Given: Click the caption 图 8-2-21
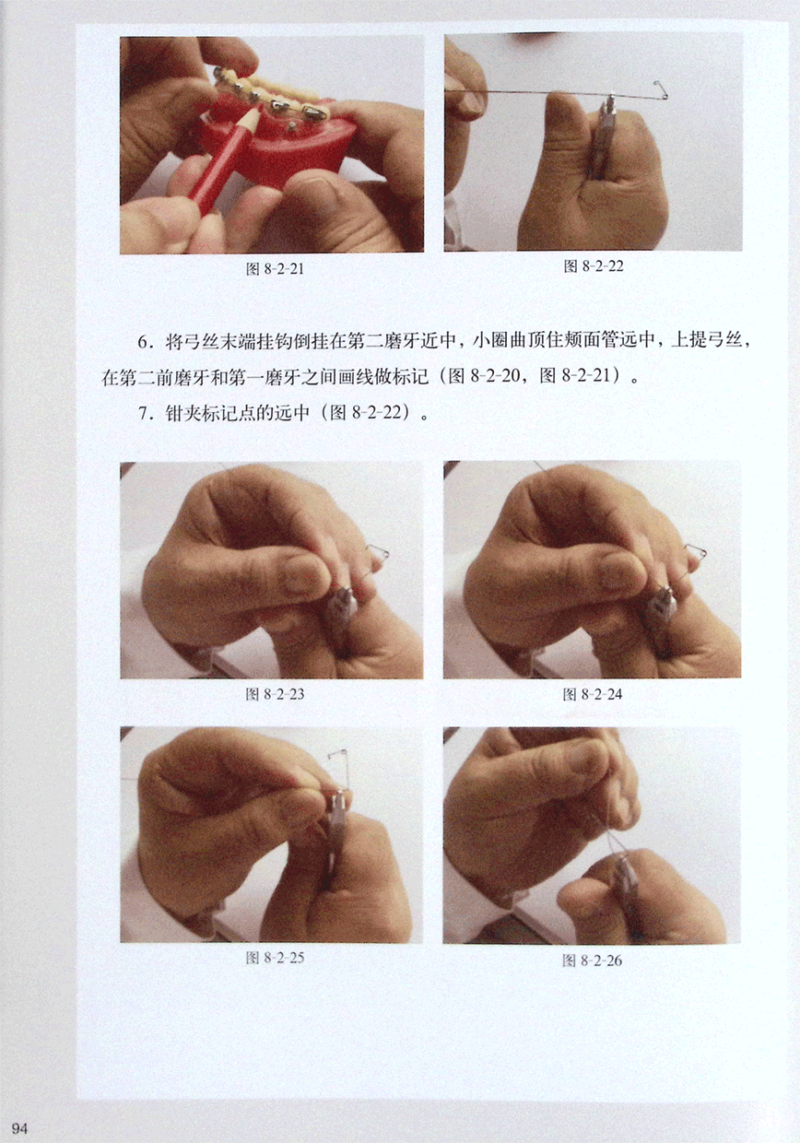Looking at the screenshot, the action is click(275, 269).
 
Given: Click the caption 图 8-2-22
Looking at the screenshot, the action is click(594, 265).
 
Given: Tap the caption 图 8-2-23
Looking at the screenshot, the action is click(275, 694).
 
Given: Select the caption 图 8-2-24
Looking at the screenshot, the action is click(593, 694).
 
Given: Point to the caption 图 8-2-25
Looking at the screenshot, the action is click(275, 958).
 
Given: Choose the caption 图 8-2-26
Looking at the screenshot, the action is click(592, 960).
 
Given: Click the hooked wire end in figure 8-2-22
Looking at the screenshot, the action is click(662, 90).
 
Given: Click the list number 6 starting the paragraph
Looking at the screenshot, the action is click(144, 342).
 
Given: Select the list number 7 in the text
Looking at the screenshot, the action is click(144, 413).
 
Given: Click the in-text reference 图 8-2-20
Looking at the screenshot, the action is click(481, 377).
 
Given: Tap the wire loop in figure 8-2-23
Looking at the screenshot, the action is click(379, 551).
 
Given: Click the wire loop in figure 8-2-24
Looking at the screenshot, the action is click(696, 551).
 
